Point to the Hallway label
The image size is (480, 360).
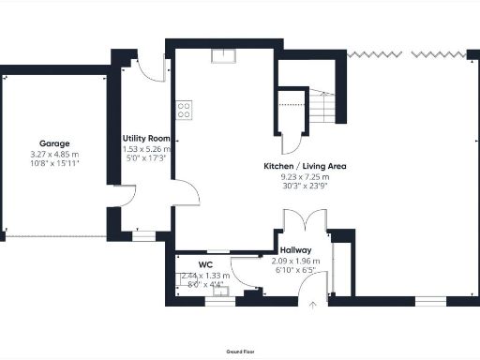[295, 250]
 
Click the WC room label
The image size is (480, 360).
[204, 264]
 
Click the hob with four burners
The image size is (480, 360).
[184, 110]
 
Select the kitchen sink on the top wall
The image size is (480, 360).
[223, 55]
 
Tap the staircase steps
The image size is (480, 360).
[323, 108]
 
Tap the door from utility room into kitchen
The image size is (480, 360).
[186, 193]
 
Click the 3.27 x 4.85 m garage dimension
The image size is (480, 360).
[53, 154]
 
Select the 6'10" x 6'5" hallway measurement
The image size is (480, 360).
[295, 270]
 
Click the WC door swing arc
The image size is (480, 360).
[246, 276]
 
